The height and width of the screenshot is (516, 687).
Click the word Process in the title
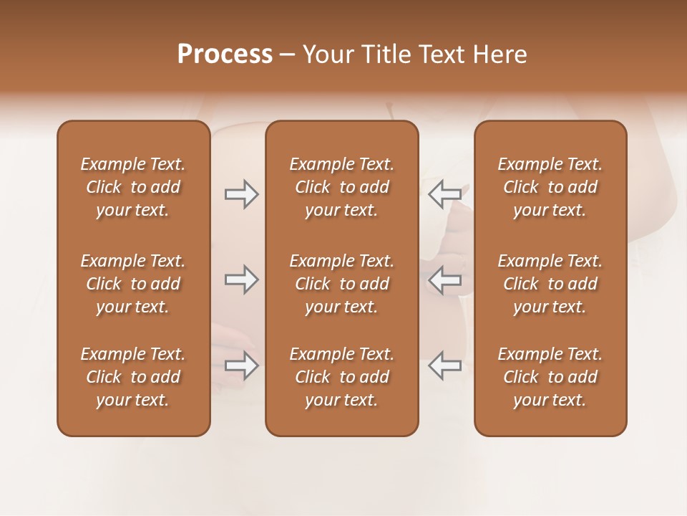[x=225, y=54]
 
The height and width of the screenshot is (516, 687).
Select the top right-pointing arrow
[x=241, y=193]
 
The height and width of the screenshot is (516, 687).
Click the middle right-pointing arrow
[x=241, y=279]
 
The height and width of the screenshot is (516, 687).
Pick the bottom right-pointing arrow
[x=241, y=365]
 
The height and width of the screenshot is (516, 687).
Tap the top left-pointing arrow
[x=445, y=193]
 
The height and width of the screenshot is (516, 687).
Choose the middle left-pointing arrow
[x=445, y=279]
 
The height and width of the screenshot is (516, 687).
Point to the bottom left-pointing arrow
[x=445, y=365]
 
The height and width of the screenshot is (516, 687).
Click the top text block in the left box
[x=133, y=187]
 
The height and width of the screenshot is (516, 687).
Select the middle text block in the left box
[x=133, y=284]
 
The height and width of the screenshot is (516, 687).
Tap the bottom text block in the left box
[x=133, y=377]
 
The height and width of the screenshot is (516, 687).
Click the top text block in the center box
[x=342, y=187]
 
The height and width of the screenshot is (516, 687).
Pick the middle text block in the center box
[x=342, y=284]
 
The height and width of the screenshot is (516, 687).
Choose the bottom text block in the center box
[x=342, y=377]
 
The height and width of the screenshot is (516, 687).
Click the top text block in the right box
[x=550, y=187]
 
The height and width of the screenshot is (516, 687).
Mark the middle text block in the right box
[x=550, y=284]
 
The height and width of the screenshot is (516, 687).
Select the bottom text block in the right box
[x=550, y=377]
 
